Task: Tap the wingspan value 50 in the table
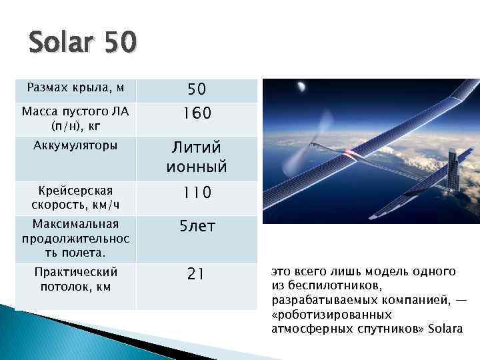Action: coord(196,89)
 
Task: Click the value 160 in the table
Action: coord(196,114)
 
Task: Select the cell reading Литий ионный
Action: coord(196,157)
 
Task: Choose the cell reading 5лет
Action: coord(196,227)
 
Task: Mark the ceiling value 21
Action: coord(196,273)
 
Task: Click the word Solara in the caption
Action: coord(446,329)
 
